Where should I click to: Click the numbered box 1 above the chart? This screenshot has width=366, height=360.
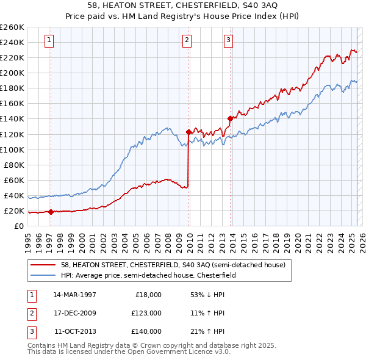coord(48,41)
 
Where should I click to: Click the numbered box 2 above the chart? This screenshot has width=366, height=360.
coord(186,41)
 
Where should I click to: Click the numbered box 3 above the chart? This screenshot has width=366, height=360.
coord(228,41)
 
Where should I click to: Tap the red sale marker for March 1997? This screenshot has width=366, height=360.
coord(51,212)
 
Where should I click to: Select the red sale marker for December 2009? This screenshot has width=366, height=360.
coord(188,131)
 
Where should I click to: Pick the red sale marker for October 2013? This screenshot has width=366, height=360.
coord(230,118)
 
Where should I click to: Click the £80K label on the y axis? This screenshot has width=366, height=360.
coord(14,165)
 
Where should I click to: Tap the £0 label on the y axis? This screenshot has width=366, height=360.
coord(19,226)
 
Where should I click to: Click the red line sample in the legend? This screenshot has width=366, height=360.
coord(44,265)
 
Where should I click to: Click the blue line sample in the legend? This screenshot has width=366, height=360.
coord(44,276)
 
